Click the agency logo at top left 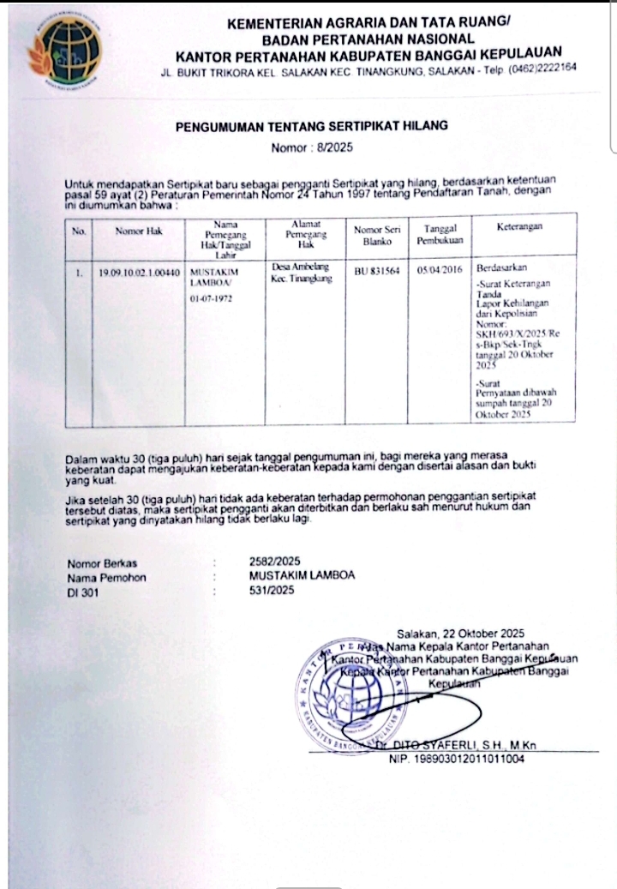pos(64,51)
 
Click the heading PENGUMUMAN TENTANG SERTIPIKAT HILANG pos(312,126)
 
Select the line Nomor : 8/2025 pos(312,147)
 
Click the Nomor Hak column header pos(138,231)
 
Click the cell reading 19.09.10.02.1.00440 pos(138,272)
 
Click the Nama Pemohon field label pos(106,577)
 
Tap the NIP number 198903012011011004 pos(457,759)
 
